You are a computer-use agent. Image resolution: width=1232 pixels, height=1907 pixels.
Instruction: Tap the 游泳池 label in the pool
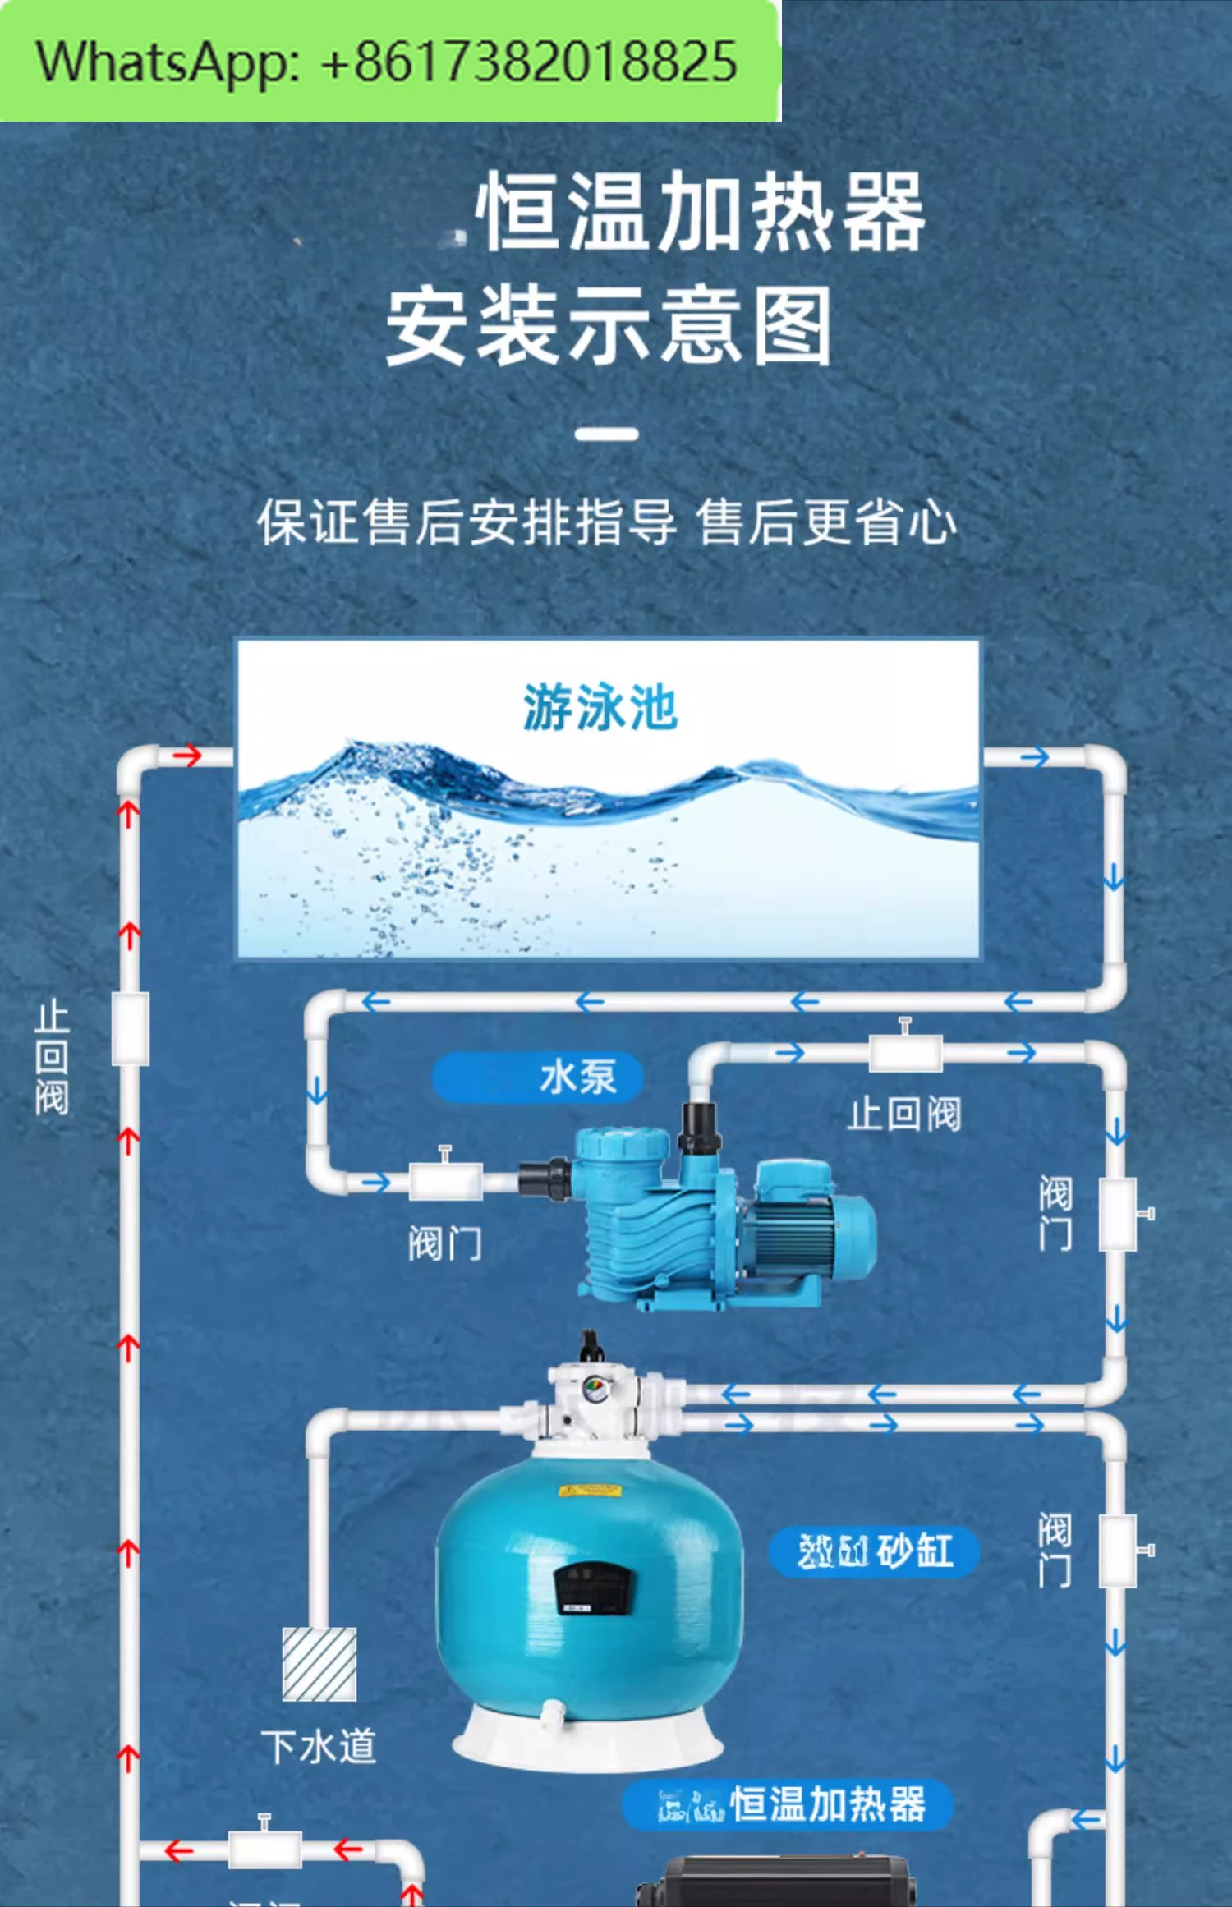[600, 707]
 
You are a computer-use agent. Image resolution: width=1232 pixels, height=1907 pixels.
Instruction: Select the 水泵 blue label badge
[537, 1077]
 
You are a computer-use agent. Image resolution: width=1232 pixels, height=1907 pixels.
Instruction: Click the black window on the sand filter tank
[593, 1587]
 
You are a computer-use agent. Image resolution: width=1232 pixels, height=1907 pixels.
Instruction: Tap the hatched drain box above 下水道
[319, 1663]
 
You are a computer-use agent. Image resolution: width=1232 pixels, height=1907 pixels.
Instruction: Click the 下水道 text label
[319, 1746]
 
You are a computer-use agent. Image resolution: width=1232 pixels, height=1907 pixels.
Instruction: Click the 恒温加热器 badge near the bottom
[788, 1805]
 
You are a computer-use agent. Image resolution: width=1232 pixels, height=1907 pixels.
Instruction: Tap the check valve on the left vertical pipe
[131, 1028]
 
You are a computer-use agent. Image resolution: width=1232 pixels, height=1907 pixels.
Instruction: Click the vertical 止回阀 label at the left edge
[52, 1058]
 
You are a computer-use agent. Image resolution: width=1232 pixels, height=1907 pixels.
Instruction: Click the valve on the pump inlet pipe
[445, 1180]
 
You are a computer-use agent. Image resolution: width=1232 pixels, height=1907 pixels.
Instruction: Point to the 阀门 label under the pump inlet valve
[445, 1243]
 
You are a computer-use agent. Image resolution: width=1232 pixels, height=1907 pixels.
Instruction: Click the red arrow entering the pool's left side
[187, 756]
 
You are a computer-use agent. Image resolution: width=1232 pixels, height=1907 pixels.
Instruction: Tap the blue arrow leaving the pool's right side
[1036, 756]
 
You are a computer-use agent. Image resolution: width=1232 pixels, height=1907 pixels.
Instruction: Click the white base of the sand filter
[587, 1737]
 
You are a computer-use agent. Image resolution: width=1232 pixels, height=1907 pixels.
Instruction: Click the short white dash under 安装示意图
[606, 434]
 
